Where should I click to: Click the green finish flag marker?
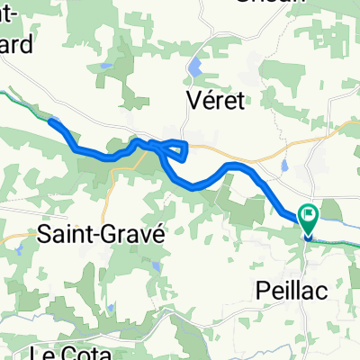[x=310, y=217]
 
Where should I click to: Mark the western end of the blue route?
[x=50, y=121]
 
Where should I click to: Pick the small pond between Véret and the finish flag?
[x=284, y=166]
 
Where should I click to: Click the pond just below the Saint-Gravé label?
[x=157, y=267]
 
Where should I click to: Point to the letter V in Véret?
[x=192, y=100]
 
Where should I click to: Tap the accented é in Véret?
[x=208, y=100]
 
